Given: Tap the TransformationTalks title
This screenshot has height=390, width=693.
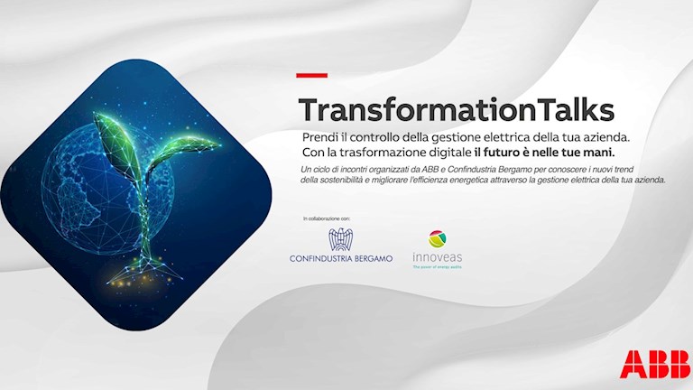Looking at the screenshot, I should click(x=456, y=109).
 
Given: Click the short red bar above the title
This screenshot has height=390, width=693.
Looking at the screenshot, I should click(x=312, y=75).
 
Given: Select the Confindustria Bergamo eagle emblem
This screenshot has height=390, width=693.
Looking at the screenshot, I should click(x=340, y=241).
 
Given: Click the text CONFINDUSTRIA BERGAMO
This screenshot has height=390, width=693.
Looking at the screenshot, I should click(x=341, y=259).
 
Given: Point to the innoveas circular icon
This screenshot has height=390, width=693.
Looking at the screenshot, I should click(x=437, y=239).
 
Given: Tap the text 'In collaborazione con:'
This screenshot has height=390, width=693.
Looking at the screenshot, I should click(x=326, y=219).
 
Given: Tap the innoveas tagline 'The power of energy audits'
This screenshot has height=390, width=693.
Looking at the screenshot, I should click(x=437, y=267).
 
